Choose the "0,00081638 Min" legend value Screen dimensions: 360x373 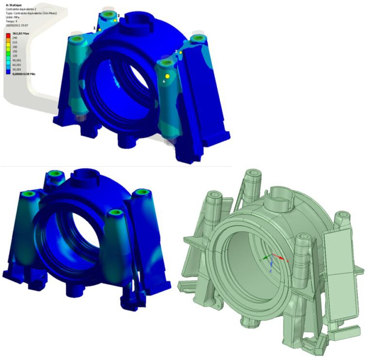22,73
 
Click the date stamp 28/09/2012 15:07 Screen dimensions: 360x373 19,25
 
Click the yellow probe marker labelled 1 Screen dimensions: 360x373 100,30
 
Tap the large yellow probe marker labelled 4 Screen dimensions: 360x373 168,76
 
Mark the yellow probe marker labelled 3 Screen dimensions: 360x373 115,21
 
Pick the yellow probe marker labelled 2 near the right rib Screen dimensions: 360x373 181,52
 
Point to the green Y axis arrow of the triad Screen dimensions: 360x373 265,258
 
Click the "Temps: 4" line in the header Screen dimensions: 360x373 12,21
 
